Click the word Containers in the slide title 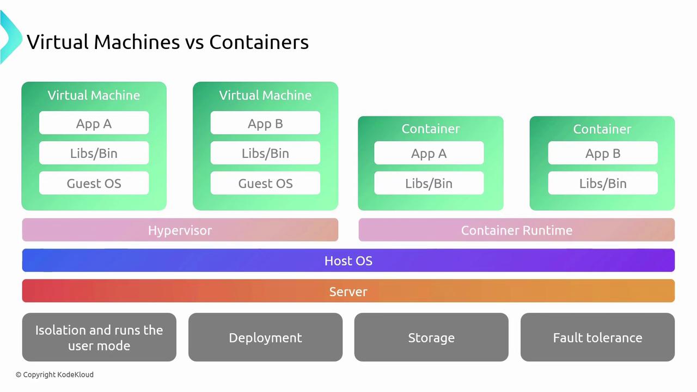259,42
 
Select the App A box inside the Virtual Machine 94,124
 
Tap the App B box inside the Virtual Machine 265,124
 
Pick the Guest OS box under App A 94,183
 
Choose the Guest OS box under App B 265,183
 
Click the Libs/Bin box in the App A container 429,183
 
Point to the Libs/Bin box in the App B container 602,183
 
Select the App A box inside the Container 429,154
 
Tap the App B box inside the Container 602,154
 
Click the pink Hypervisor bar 180,230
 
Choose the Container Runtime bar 516,230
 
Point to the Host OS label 348,261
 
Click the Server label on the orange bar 348,291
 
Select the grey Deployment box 265,338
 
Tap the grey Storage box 431,338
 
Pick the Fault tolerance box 597,338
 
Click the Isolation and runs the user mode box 99,338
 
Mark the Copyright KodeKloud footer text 54,375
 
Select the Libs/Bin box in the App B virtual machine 265,154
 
